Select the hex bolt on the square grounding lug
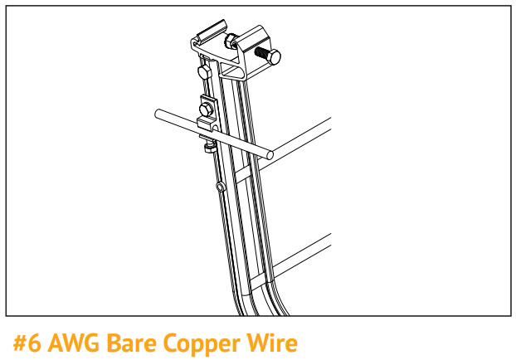coord(207,108)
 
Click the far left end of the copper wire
coord(158,113)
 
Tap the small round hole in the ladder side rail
coord(219,187)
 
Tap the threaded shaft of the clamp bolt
coord(260,52)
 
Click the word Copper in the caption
coord(201,342)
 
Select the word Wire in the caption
coord(270,342)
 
